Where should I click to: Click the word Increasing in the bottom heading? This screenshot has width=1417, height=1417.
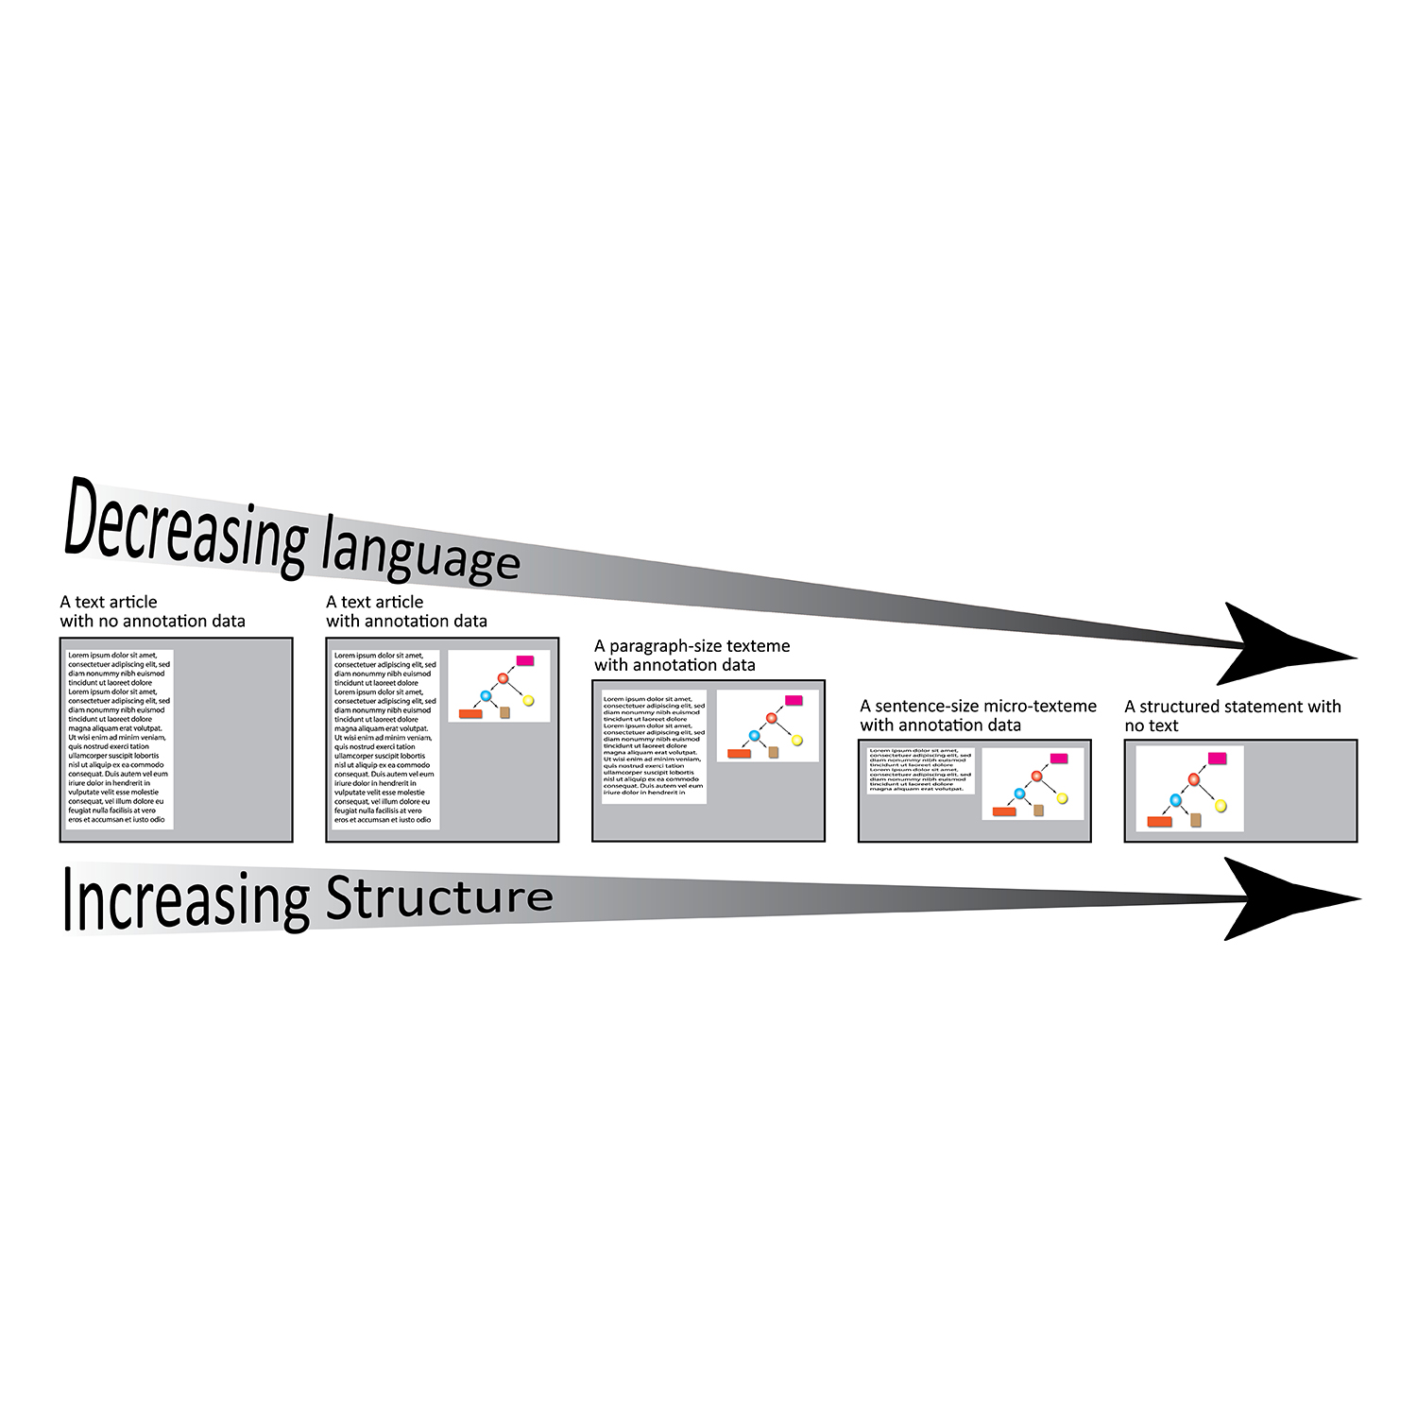[185, 899]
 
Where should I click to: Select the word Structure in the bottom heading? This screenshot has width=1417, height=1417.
[439, 897]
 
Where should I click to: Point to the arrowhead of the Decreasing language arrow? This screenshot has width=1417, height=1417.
[1294, 644]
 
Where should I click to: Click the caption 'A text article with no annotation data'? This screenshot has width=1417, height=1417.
[152, 611]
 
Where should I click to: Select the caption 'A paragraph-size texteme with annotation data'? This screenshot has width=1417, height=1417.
[691, 656]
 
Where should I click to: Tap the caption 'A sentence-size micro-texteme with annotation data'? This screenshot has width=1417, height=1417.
[978, 716]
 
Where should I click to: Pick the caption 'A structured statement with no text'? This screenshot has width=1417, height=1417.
[1232, 716]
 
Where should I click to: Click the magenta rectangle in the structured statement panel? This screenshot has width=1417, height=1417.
[1217, 758]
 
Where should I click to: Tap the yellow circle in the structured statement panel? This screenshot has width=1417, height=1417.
[1220, 805]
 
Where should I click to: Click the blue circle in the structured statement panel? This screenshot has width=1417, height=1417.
[1176, 800]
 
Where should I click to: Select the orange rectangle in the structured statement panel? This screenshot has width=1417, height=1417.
[1159, 822]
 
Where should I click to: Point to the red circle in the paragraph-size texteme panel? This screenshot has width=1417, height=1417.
[771, 718]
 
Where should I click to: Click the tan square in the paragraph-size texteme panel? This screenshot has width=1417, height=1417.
[773, 752]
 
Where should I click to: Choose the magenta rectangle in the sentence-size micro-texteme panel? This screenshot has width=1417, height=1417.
[1059, 758]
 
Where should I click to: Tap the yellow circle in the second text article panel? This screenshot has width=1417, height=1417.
[528, 700]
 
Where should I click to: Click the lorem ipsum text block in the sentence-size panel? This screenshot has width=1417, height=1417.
[920, 771]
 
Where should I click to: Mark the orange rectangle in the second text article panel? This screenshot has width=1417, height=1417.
[470, 714]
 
